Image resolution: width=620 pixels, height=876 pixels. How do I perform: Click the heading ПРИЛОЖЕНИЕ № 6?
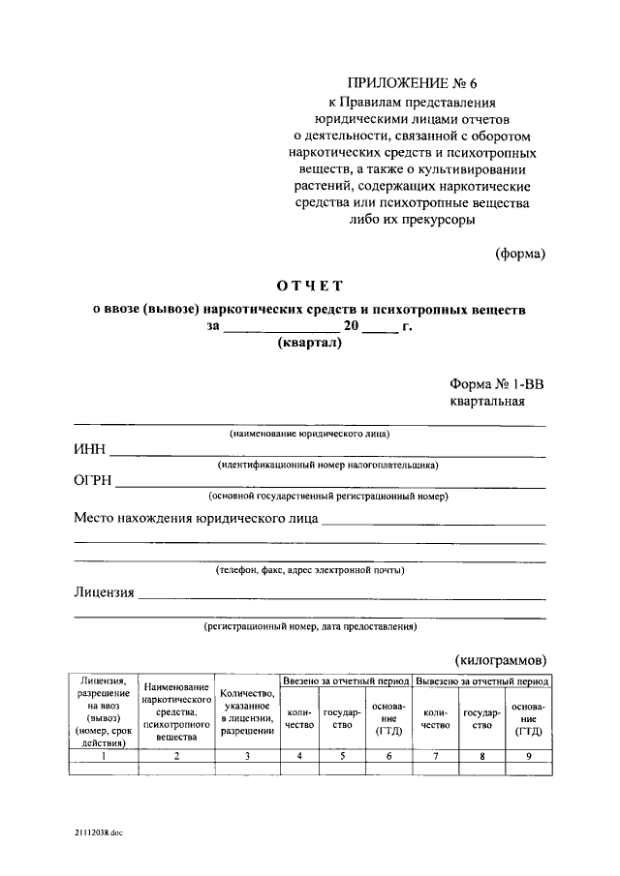click(411, 83)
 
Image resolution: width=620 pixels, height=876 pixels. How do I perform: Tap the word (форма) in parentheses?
click(520, 255)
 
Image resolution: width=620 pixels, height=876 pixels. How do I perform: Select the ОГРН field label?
click(93, 481)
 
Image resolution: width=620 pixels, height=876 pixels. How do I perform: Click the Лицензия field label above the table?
click(103, 592)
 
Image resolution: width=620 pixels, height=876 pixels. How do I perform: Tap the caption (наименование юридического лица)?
click(310, 435)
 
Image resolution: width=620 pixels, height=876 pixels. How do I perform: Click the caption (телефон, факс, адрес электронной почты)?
click(310, 572)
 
